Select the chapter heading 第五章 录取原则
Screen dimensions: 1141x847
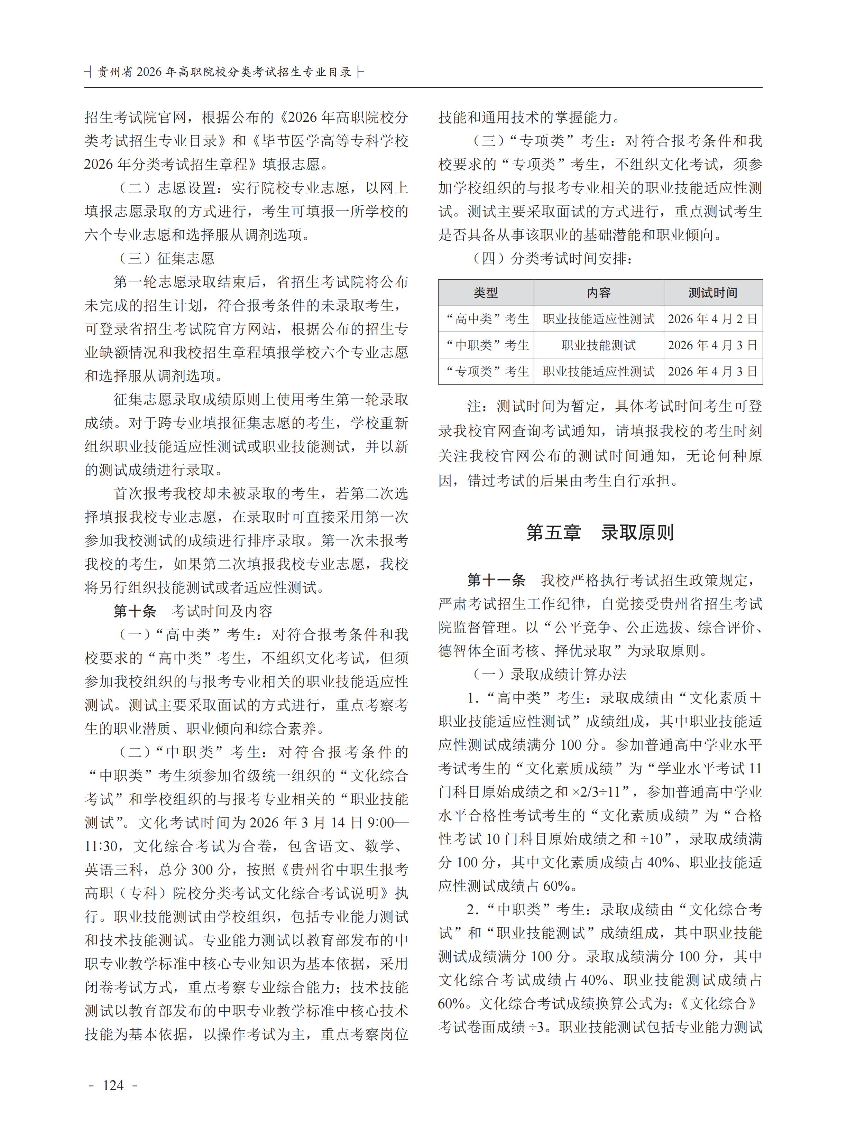pos(600,533)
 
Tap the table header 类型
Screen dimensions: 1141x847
pos(486,293)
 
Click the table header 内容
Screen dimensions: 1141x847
pos(598,293)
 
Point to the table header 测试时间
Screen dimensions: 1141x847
pos(713,293)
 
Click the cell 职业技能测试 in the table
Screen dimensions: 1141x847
pos(598,345)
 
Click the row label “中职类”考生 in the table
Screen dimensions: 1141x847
pos(486,345)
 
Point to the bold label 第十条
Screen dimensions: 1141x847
pos(135,611)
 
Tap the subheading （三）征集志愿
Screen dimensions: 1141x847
pos(167,258)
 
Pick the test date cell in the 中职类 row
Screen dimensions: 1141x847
pos(713,345)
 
